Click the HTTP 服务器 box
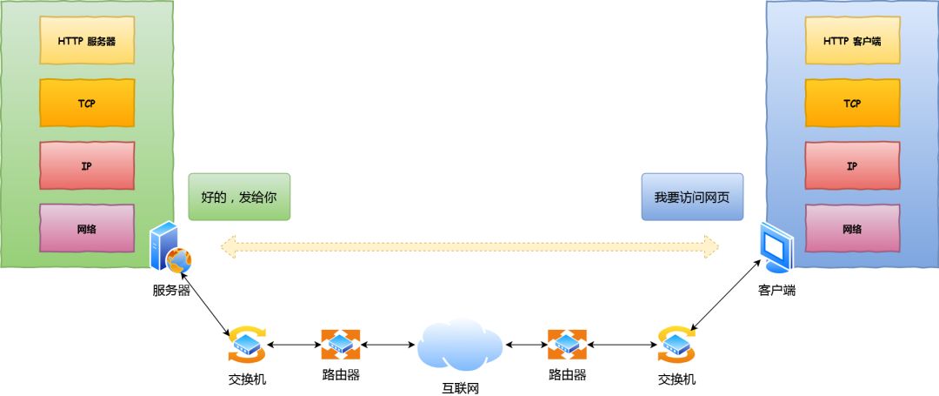click(87, 40)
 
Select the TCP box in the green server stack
click(87, 103)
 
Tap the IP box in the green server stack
click(87, 165)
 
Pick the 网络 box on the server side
click(87, 229)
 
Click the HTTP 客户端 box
click(852, 40)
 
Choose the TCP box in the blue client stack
click(852, 103)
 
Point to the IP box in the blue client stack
click(852, 165)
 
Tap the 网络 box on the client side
click(852, 229)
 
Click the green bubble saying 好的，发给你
click(239, 197)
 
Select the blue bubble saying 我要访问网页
click(692, 197)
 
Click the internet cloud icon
click(460, 345)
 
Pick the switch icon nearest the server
click(247, 345)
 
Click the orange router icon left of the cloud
click(340, 345)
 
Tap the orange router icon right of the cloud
click(567, 345)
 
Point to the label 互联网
click(460, 387)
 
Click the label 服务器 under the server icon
click(171, 291)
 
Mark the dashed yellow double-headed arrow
click(469, 247)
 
